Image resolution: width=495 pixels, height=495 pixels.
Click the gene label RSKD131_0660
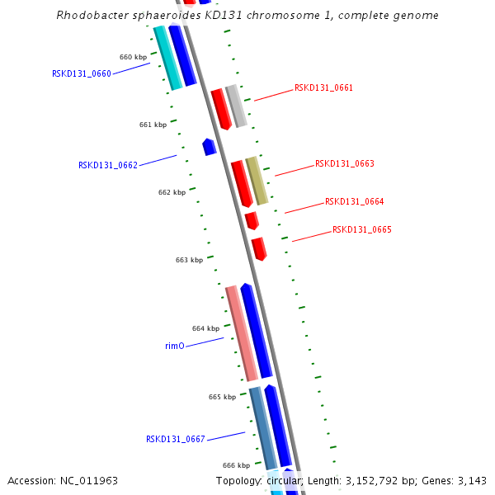(x=81, y=73)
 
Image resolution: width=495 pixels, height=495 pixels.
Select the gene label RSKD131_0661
(x=323, y=87)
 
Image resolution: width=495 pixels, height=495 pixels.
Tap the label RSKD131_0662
(x=107, y=165)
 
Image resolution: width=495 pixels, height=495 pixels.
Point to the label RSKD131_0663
(x=344, y=163)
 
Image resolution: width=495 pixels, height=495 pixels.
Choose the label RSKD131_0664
(x=354, y=201)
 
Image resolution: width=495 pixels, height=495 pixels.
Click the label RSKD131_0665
(x=361, y=229)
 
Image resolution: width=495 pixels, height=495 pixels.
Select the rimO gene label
(x=175, y=346)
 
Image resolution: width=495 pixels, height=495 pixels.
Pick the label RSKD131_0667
(x=175, y=439)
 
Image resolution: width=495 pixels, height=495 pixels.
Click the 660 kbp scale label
(x=133, y=58)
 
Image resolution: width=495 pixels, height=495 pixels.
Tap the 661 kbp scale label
(x=153, y=125)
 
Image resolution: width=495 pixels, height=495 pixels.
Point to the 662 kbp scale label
(x=172, y=192)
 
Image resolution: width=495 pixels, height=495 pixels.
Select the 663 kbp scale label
(x=189, y=260)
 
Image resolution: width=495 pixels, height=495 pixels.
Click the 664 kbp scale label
(x=205, y=328)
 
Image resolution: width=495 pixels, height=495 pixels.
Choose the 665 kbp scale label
(x=222, y=397)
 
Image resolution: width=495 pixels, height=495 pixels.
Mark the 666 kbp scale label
(x=236, y=465)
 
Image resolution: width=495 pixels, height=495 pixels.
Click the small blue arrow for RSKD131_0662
(x=210, y=147)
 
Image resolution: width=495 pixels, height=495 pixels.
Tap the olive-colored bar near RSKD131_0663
(x=257, y=181)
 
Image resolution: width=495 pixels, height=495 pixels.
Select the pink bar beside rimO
(x=241, y=332)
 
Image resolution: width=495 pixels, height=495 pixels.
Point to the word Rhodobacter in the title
(x=87, y=16)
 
